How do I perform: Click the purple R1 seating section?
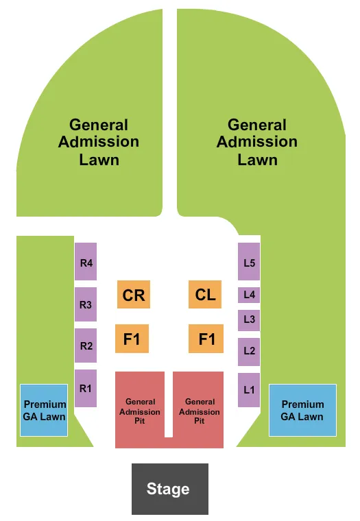(x=86, y=388)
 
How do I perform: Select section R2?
(x=86, y=346)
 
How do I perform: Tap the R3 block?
(x=86, y=304)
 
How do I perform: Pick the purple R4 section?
(x=86, y=261)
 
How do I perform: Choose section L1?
(x=249, y=389)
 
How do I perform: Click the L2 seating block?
(x=249, y=351)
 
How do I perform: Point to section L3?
(x=249, y=319)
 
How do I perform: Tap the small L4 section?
(x=249, y=295)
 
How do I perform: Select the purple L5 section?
(x=249, y=261)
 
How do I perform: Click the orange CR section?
(x=133, y=295)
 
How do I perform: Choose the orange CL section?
(x=205, y=295)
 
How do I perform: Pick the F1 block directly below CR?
(x=132, y=339)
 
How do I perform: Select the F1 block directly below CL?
(x=206, y=339)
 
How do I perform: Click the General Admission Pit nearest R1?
(x=140, y=410)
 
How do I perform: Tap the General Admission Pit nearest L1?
(x=199, y=410)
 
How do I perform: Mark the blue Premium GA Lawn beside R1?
(x=44, y=410)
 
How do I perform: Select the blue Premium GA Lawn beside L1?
(x=302, y=410)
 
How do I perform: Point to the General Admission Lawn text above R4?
(x=99, y=142)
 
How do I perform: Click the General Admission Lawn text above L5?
(x=257, y=142)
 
